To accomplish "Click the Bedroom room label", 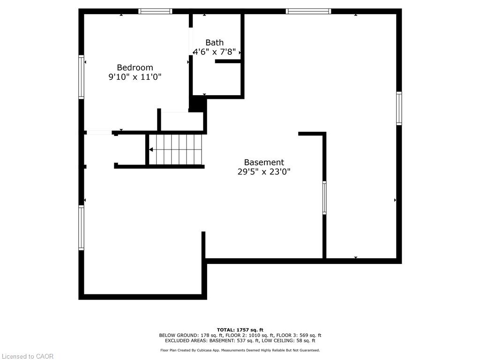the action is pyautogui.click(x=135, y=67).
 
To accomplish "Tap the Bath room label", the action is pyautogui.click(x=214, y=43).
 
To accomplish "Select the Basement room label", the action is pyautogui.click(x=264, y=162).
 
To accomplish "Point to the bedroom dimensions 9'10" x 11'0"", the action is pyautogui.click(x=135, y=77).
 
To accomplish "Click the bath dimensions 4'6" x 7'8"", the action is pyautogui.click(x=214, y=52).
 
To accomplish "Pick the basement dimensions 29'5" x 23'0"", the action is pyautogui.click(x=264, y=172).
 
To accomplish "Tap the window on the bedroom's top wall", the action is pyautogui.click(x=155, y=11).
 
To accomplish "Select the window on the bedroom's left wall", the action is pyautogui.click(x=81, y=77).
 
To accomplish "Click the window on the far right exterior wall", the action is pyautogui.click(x=399, y=108).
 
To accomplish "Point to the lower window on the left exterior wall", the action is pyautogui.click(x=81, y=228).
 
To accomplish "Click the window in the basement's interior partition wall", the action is pyautogui.click(x=324, y=198).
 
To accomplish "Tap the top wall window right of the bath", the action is pyautogui.click(x=308, y=11).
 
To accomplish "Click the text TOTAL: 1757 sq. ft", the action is pyautogui.click(x=240, y=330).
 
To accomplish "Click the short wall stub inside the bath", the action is pyautogui.click(x=228, y=61).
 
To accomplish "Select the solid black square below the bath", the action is pyautogui.click(x=198, y=104).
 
